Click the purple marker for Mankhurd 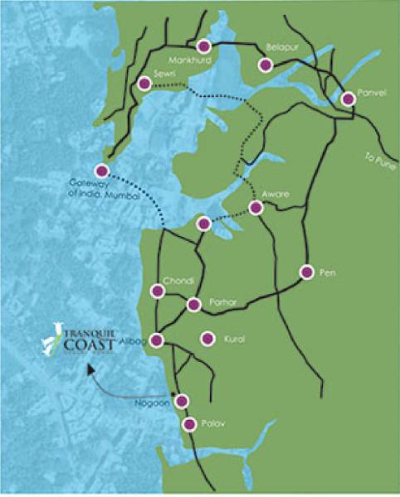204,46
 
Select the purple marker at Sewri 145,84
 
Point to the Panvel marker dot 349,99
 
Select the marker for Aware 256,208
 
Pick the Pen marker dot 306,272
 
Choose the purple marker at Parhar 193,305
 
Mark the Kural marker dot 208,338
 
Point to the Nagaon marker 182,401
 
